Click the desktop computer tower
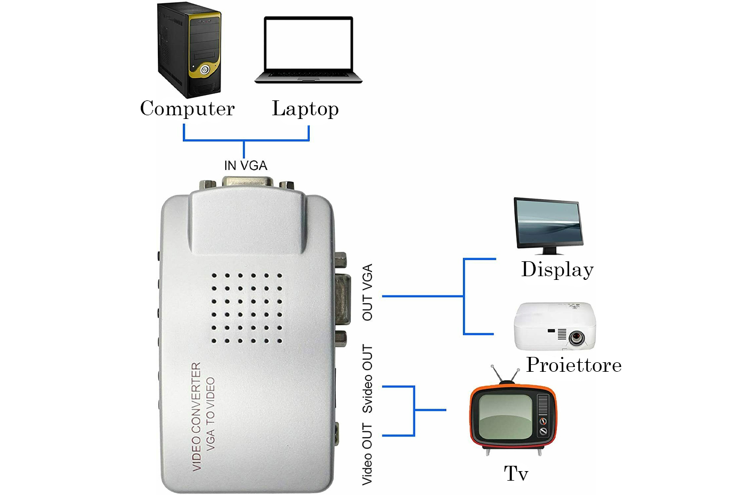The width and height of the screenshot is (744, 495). [189, 50]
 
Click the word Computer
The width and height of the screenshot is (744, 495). [187, 109]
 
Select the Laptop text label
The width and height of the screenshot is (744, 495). [305, 109]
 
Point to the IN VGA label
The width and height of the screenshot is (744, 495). [246, 166]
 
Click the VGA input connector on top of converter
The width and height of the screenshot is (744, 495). [248, 183]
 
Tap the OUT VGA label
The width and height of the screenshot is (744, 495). [367, 292]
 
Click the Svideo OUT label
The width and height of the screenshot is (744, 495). [367, 378]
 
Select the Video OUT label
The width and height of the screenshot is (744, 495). [367, 454]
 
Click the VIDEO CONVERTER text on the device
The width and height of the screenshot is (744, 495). [197, 416]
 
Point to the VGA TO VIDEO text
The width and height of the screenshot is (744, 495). [210, 414]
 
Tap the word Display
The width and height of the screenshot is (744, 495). [557, 270]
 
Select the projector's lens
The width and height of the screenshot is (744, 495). [576, 337]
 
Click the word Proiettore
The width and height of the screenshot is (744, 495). [573, 365]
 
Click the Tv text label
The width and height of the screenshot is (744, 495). [515, 473]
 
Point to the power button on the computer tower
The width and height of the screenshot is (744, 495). [205, 70]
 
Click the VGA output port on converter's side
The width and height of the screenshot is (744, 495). [343, 298]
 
